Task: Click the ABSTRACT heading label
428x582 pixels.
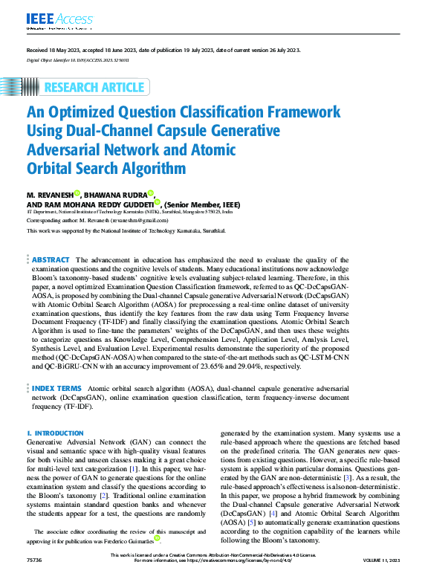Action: [51, 260]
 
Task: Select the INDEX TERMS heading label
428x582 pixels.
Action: [56, 388]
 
